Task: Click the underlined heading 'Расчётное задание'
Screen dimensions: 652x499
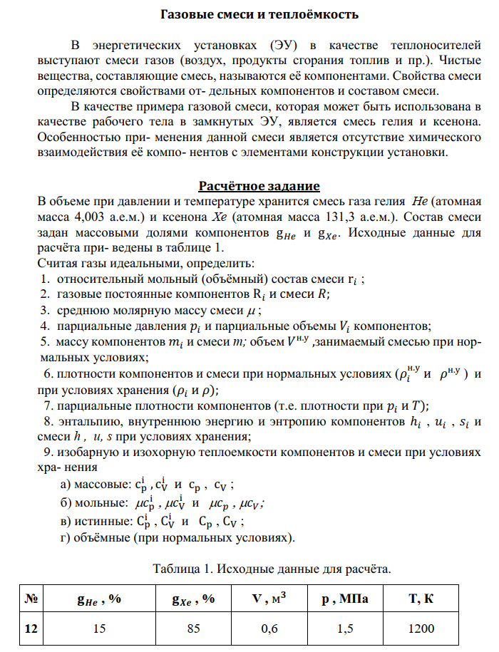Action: pyautogui.click(x=259, y=187)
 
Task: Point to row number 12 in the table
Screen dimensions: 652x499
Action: pyautogui.click(x=31, y=629)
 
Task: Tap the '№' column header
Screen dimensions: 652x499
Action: pyautogui.click(x=31, y=599)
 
